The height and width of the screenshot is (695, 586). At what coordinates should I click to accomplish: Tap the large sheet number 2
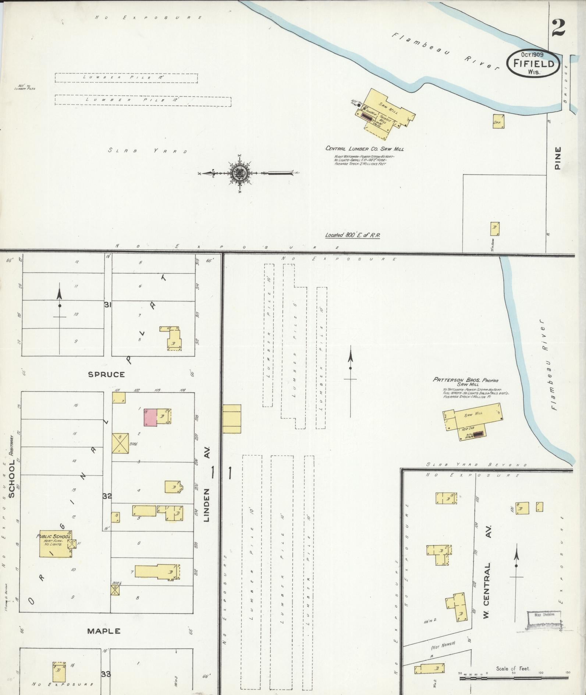558,28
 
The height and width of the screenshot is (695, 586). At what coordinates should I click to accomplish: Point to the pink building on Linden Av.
150,417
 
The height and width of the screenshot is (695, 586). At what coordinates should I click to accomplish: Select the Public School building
55,544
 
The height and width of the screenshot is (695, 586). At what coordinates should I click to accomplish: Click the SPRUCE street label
106,375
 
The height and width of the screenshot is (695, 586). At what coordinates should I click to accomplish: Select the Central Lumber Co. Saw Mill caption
364,149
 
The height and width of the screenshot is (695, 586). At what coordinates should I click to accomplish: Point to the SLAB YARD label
148,151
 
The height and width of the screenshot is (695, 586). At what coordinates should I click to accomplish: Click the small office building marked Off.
498,122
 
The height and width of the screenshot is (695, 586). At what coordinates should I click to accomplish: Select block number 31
107,305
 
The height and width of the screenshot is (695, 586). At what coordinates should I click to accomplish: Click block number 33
106,674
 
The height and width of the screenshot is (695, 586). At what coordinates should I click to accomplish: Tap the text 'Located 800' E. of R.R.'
352,235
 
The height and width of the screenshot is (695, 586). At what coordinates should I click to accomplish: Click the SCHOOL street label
12,479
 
